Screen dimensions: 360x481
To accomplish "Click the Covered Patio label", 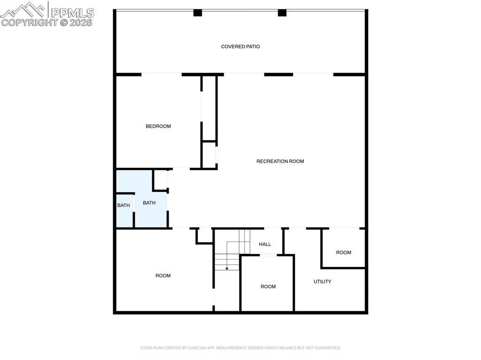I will point(240,46).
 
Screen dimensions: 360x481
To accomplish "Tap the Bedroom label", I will point(158,126).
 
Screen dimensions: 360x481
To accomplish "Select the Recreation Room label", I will point(280,161).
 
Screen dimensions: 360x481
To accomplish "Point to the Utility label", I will point(322,282).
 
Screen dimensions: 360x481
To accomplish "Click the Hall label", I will point(265,244).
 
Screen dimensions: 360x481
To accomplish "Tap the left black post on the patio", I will point(198,13).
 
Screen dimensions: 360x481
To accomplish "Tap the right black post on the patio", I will point(282,13).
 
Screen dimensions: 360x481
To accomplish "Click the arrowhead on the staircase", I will point(227,268).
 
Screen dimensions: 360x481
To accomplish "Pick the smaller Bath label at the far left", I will point(124,206).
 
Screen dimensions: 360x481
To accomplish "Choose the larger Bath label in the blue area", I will point(149,203).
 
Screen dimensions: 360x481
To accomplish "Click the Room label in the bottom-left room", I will point(163,276).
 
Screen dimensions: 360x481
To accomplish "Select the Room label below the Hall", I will point(268,286).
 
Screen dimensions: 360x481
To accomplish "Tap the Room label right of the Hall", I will point(343,253).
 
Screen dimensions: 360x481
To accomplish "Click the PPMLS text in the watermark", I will point(73,12).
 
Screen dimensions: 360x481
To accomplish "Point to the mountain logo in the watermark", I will point(23,9).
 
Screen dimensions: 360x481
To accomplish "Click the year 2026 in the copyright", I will point(81,22).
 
